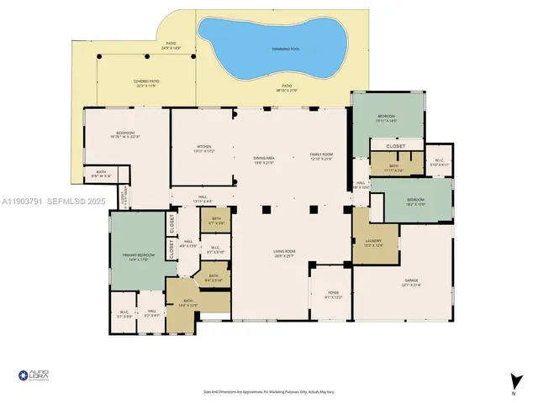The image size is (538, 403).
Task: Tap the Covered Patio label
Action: pos(145,82)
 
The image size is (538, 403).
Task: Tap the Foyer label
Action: pos(333,295)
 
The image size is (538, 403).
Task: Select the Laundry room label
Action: pos(373,243)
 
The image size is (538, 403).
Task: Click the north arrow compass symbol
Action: pos(512,382)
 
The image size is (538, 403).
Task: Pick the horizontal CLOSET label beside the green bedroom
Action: pos(396,146)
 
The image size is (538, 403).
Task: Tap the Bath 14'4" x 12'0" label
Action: pos(189,305)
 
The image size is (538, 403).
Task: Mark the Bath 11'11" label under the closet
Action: pos(395,167)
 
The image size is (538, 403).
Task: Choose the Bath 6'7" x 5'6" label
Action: pos(216,223)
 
